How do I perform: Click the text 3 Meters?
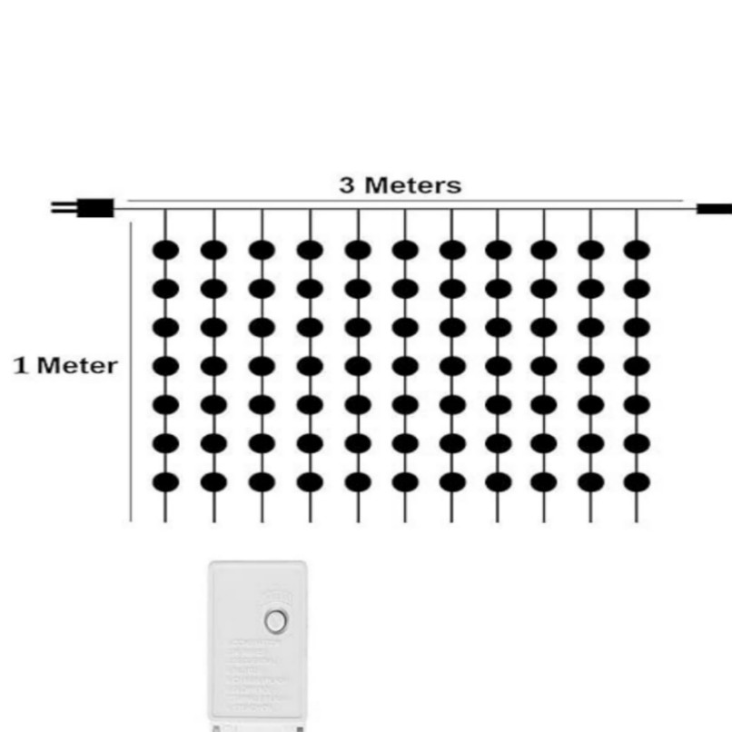401,185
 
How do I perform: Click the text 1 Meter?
64,366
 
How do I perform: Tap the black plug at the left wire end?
94,208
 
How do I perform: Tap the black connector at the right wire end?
714,208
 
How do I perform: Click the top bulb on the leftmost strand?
165,249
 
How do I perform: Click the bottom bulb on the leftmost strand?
165,482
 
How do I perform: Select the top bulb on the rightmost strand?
637,249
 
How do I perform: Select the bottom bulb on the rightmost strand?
637,482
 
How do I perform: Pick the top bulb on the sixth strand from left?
405,249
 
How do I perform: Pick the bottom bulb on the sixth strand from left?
405,482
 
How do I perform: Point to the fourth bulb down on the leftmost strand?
165,366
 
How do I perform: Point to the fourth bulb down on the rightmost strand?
637,366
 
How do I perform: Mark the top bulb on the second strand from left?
214,249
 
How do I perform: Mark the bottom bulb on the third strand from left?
262,482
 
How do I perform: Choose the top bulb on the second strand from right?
591,249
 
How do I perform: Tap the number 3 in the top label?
347,185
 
